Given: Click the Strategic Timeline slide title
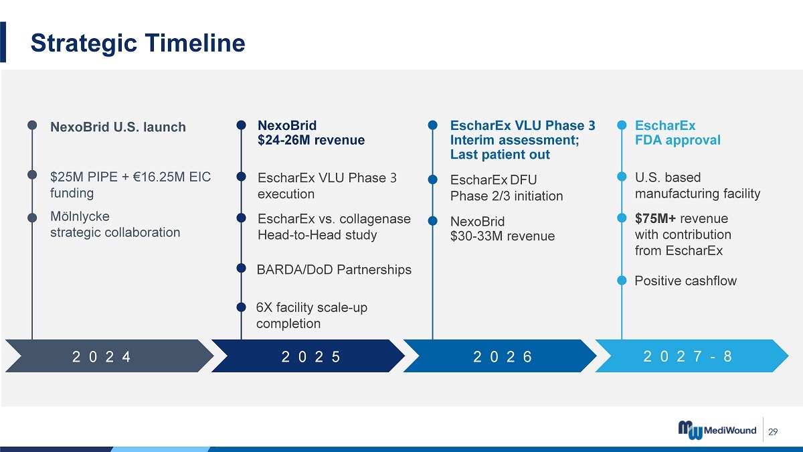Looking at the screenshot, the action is [138, 43].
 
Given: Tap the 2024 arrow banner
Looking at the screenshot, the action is [109, 356].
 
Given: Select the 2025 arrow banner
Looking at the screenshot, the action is [308, 356].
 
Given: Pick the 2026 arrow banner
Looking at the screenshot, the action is [500, 356].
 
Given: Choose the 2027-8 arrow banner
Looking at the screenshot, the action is [692, 356].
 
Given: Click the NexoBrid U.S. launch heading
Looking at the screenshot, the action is [118, 127].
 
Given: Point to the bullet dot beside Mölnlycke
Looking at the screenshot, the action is [32, 218].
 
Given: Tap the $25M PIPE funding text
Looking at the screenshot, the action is [130, 185].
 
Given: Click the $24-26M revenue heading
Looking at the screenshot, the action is [311, 140].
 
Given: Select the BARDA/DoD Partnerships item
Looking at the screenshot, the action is [334, 269].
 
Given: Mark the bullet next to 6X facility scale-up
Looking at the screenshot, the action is [242, 307].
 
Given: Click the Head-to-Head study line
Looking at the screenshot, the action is [317, 235].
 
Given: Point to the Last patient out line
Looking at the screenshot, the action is [500, 155].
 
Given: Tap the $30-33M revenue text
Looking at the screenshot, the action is [503, 236].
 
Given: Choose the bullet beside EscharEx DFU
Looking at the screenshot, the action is [433, 179].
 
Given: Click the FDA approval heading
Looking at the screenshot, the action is [677, 140].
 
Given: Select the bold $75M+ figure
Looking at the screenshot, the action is [655, 218].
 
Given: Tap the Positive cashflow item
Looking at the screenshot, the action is [685, 281].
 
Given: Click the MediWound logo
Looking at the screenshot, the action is [717, 430].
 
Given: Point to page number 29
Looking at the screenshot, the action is [774, 431].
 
